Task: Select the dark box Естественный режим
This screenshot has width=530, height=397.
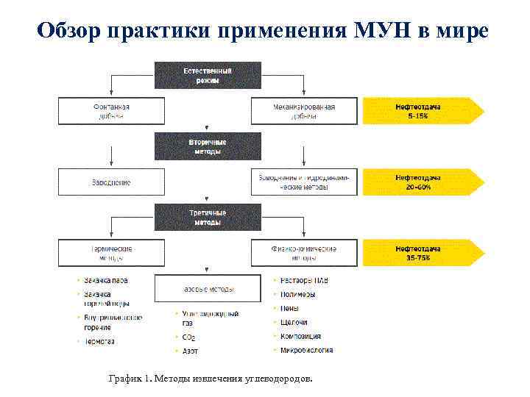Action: coord(207,76)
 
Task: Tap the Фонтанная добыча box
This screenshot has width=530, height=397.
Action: coord(110,111)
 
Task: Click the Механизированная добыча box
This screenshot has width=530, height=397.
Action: coord(303,111)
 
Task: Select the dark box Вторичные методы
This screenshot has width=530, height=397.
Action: coord(207,146)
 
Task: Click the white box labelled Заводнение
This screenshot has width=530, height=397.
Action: coord(110,182)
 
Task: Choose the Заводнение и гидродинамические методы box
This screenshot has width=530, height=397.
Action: coord(303,182)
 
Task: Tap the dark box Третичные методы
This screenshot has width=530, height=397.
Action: coord(207,218)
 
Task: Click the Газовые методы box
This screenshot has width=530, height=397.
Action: coord(207,288)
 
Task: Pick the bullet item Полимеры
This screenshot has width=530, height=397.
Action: coord(297,294)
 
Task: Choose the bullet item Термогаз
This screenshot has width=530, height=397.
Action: coord(99,341)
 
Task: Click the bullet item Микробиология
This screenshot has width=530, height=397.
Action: coord(306,350)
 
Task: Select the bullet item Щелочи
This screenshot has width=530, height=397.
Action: coord(294,322)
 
